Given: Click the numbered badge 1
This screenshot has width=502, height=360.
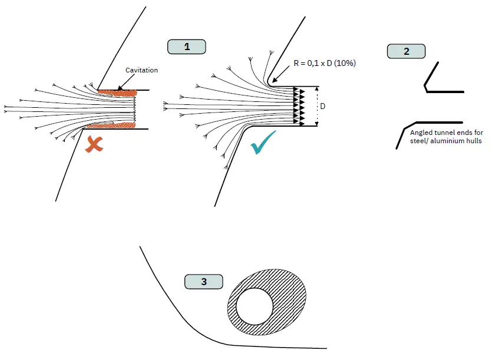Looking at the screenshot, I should [187, 47].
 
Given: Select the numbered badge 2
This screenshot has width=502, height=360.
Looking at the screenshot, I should [406, 51].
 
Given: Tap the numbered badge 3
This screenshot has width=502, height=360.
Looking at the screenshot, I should [204, 282].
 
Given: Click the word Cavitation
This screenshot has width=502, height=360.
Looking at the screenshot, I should [142, 70].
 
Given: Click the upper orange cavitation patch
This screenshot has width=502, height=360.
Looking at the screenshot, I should [117, 92].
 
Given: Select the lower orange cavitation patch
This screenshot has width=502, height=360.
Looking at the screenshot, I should [111, 125].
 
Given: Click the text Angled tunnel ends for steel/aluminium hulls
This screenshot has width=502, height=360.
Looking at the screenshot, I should [446, 137].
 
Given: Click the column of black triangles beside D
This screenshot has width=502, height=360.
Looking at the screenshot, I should [302, 106].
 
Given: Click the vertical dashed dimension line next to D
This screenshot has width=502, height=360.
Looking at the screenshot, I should [318, 106].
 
